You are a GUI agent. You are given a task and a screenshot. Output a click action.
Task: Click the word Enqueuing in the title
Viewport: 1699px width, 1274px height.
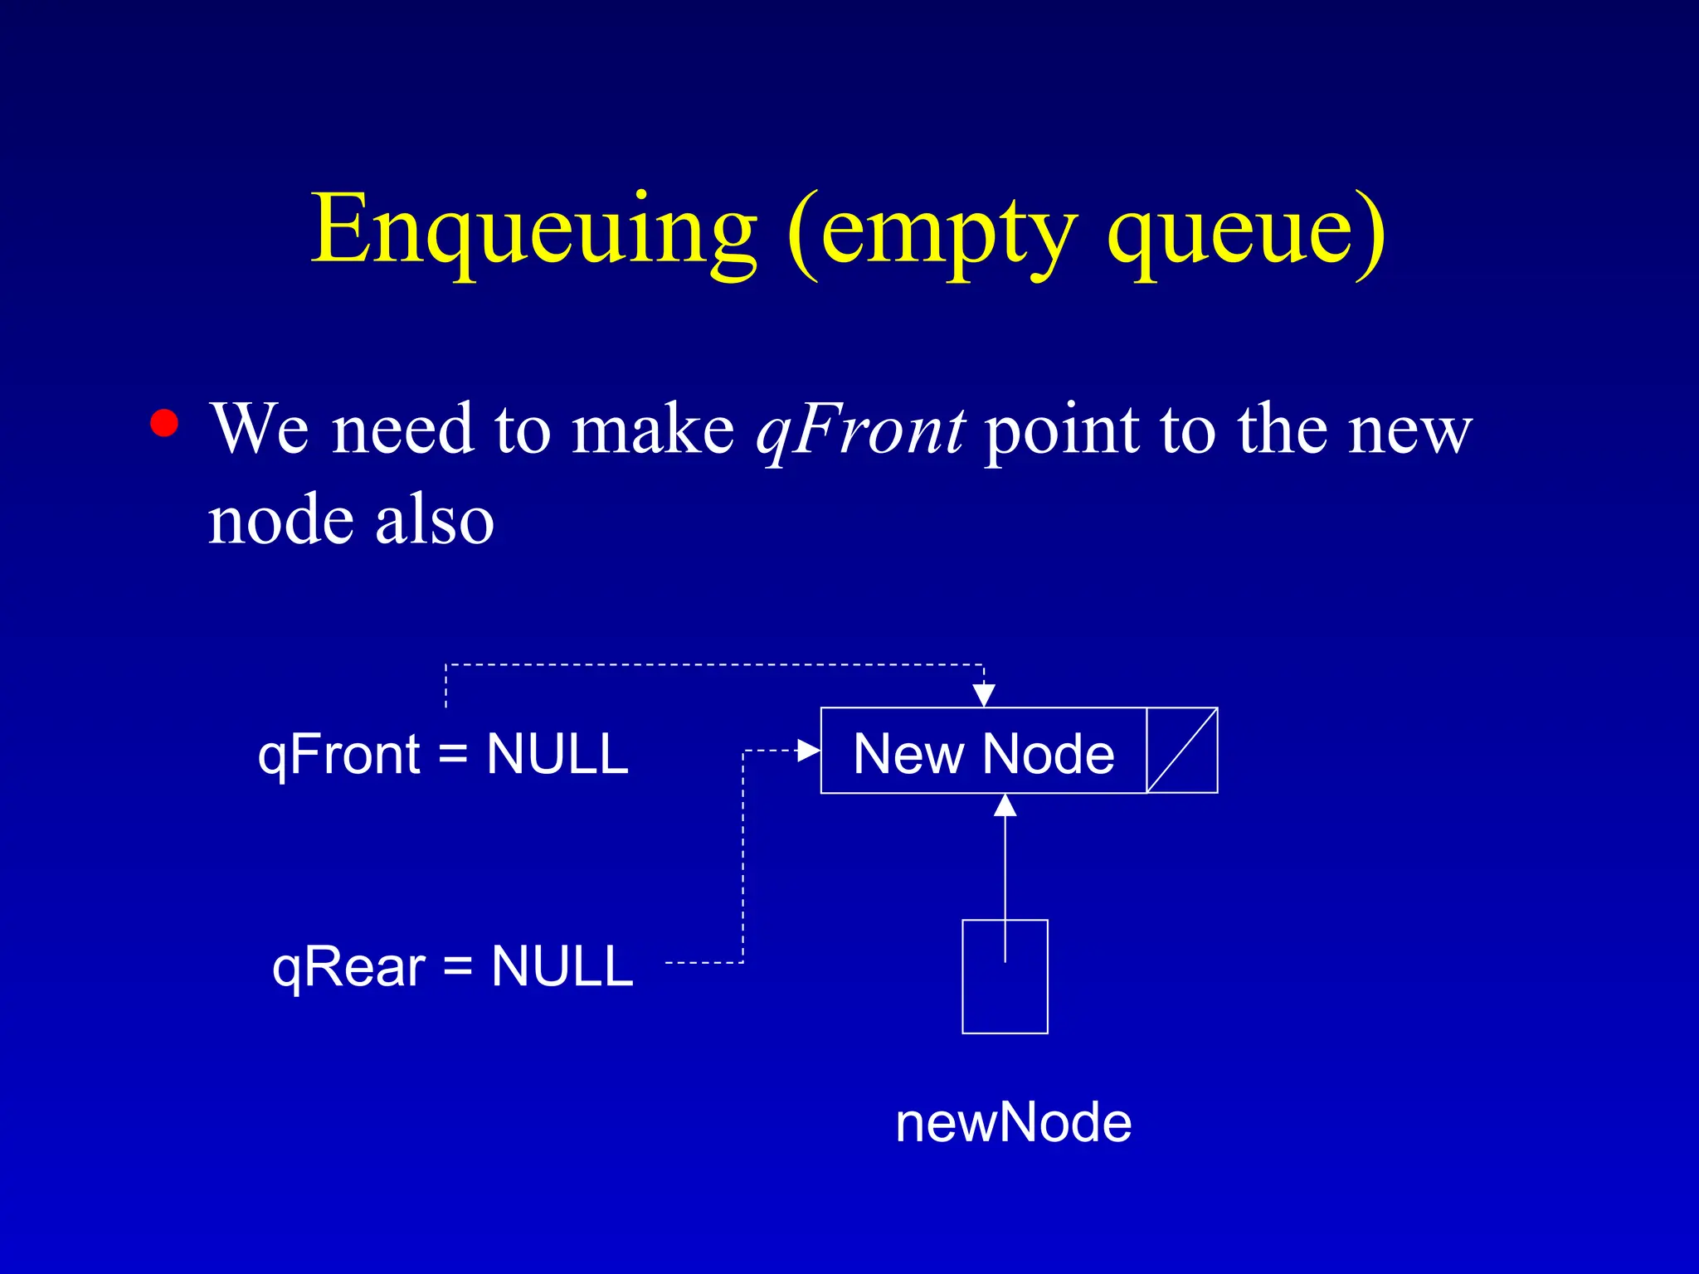click(x=533, y=231)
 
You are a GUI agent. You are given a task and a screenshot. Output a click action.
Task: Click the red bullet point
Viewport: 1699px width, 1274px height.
click(x=164, y=423)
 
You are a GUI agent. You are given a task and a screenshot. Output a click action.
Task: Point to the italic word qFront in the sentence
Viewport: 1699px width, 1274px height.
click(x=859, y=431)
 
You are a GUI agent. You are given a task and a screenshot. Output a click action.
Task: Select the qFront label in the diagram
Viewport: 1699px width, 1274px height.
click(x=338, y=755)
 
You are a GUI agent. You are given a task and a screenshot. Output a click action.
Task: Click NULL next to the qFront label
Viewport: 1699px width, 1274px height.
click(x=557, y=755)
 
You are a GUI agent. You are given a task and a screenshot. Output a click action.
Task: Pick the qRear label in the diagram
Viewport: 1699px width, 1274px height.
click(x=348, y=967)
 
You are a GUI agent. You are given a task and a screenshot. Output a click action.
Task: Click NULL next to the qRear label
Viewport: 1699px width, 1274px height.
click(x=562, y=967)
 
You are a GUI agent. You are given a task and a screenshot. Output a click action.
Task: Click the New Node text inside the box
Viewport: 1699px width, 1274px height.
click(x=984, y=755)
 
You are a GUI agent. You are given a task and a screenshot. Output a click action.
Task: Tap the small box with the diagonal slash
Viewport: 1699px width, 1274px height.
click(x=1182, y=751)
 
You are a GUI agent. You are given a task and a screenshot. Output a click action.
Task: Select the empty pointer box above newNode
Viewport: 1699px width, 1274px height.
click(x=1005, y=995)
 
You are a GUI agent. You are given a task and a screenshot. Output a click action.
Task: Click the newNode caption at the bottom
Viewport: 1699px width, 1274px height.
click(x=1013, y=1123)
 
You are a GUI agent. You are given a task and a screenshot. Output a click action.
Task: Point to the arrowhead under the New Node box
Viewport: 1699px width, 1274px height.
click(x=1005, y=805)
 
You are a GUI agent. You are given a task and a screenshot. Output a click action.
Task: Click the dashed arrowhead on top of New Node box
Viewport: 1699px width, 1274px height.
click(x=984, y=695)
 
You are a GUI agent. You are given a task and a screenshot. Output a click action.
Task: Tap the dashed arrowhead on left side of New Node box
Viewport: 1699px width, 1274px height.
click(x=808, y=751)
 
